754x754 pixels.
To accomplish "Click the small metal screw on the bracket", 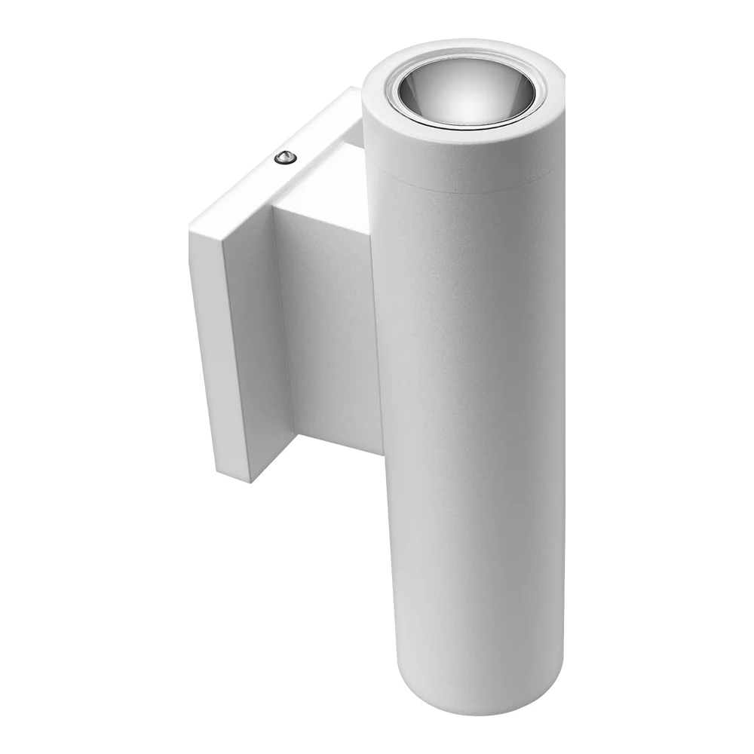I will pos(284,157).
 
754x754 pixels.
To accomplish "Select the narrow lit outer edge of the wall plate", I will pos(204,339).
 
